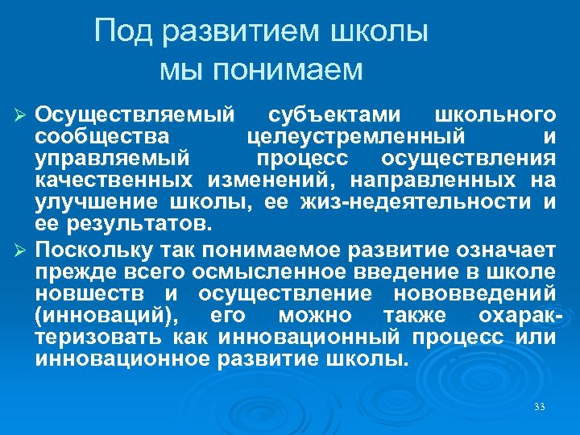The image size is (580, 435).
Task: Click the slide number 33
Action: [x=540, y=407]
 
